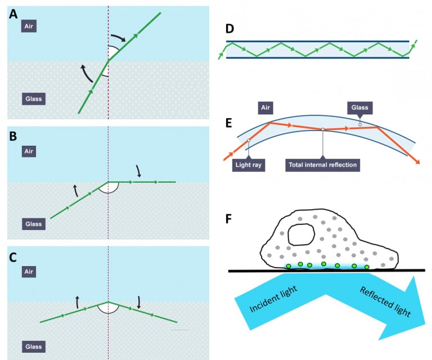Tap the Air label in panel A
29,26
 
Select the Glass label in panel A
33,99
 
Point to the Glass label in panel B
33,224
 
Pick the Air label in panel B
29,151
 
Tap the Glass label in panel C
33,344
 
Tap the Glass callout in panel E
360,107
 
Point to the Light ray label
249,165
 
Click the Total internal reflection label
322,165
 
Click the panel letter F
229,218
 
